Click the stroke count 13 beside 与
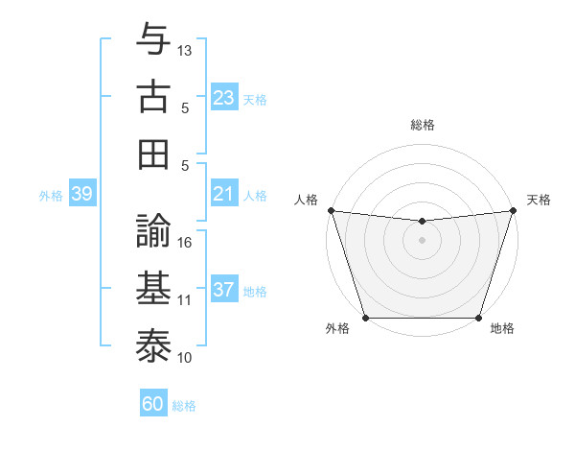tap(185, 50)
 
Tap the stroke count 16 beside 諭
tap(185, 242)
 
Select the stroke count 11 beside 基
tap(185, 299)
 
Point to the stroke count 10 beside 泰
tap(185, 357)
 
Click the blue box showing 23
tap(224, 98)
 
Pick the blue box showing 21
tap(224, 195)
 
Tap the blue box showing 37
tap(224, 291)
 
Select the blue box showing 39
tap(81, 195)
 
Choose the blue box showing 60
tap(153, 404)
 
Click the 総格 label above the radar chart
tap(422, 125)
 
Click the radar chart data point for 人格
tap(331, 210)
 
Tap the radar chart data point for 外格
tap(365, 318)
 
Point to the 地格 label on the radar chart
tap(502, 329)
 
